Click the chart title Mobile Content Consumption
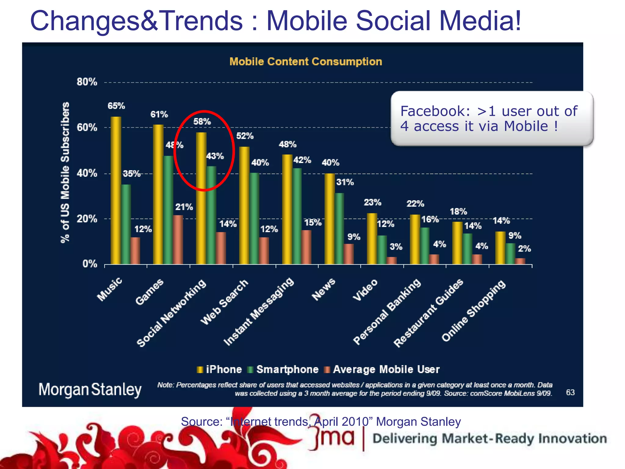305,62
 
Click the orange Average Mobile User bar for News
349,254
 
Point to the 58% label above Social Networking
202,122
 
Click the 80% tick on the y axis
87,82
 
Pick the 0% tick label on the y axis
90,264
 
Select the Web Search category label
224,302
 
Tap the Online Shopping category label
474,311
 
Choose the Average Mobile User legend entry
382,369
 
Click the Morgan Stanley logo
90,390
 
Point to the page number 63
570,392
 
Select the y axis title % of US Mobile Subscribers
65,173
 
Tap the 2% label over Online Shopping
524,249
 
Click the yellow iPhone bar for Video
372,238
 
